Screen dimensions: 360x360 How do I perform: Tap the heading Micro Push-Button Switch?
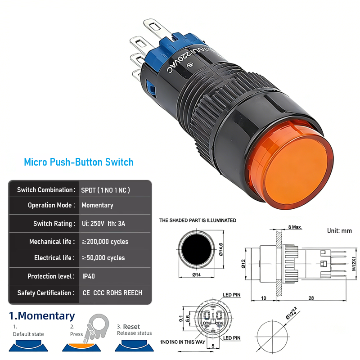click(79, 162)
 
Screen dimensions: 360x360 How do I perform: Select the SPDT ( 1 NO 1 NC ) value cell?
click(106, 190)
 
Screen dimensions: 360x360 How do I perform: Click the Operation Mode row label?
click(51, 205)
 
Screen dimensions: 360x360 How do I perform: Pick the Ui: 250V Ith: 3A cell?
click(103, 224)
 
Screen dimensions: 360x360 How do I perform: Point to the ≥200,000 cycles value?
click(105, 242)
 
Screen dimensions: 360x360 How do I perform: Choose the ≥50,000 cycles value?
click(103, 258)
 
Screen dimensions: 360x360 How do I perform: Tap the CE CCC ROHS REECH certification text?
click(112, 293)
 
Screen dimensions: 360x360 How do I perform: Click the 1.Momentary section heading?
click(42, 316)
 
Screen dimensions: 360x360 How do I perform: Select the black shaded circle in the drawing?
click(195, 250)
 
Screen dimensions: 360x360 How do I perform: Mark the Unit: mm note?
click(339, 231)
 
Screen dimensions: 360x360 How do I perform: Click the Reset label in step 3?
click(131, 327)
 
